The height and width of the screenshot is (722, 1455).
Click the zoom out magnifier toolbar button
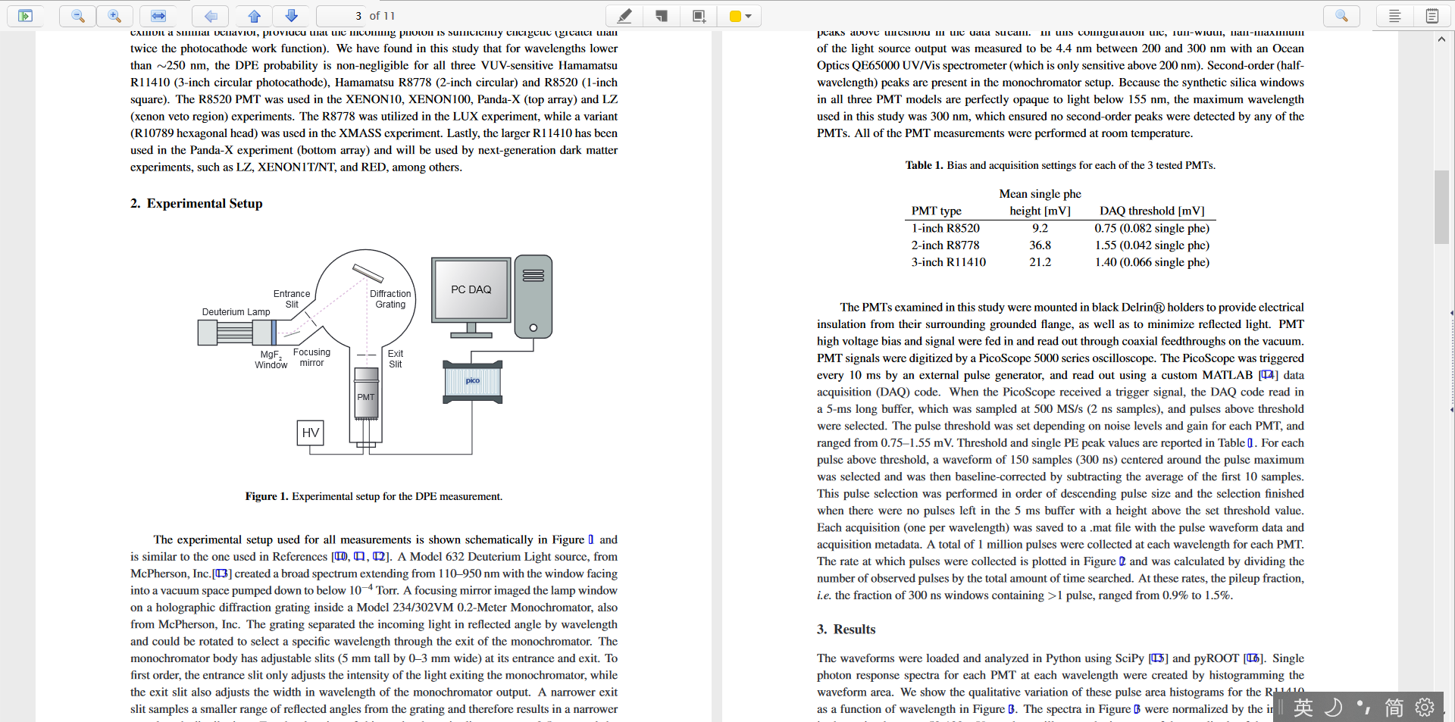[x=78, y=16]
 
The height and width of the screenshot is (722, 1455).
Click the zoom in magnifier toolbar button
[x=114, y=16]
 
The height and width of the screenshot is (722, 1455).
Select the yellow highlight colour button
[x=740, y=16]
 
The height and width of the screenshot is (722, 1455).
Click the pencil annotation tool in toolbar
[x=624, y=16]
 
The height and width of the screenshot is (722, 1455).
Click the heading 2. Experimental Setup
[x=196, y=203]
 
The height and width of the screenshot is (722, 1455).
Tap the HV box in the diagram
[x=310, y=433]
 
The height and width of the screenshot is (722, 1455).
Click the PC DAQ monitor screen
[x=471, y=289]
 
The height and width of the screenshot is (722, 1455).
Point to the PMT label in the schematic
[x=366, y=397]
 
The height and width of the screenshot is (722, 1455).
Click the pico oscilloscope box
[x=473, y=381]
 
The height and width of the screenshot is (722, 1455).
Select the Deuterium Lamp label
[x=236, y=311]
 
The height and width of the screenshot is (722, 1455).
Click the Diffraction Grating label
[x=390, y=298]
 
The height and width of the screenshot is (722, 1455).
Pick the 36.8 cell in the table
[x=1040, y=245]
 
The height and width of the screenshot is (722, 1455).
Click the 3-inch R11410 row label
[x=948, y=262]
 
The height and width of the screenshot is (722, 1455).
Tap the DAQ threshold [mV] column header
[x=1152, y=211]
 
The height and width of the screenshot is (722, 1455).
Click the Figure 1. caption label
[x=267, y=496]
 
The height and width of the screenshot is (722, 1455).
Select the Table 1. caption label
[x=924, y=165]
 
